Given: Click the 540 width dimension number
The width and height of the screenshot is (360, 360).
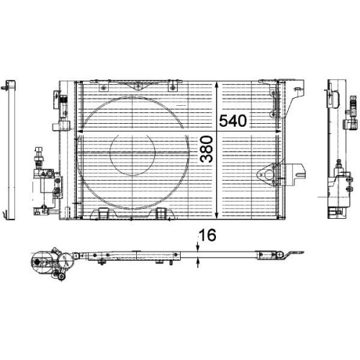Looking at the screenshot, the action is pos(233,121).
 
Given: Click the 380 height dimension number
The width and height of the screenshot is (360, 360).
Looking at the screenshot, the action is pos(207,149).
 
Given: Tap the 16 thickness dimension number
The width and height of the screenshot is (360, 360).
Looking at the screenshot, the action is pos(208,235).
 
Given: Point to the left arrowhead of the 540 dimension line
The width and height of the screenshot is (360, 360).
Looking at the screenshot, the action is pos(79,131).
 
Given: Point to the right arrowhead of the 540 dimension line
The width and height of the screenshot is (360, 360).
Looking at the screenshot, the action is pos(278,131).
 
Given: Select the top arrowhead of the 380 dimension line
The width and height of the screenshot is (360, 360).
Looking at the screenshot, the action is pos(217,84).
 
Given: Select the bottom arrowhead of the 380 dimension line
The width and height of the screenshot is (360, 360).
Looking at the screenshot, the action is pos(217,216).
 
